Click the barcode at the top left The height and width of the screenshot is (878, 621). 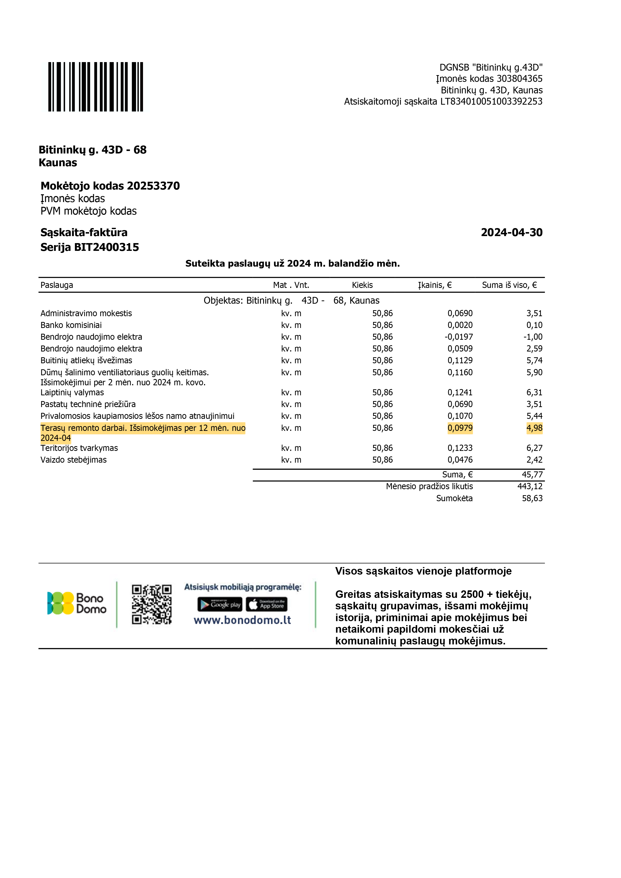tap(96, 87)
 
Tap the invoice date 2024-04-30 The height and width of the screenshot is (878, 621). tap(511, 233)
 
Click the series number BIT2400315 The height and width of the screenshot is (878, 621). tap(106, 247)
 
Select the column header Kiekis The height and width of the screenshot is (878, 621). tap(362, 285)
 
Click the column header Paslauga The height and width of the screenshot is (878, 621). tap(57, 285)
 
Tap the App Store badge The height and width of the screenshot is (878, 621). tap(266, 604)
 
